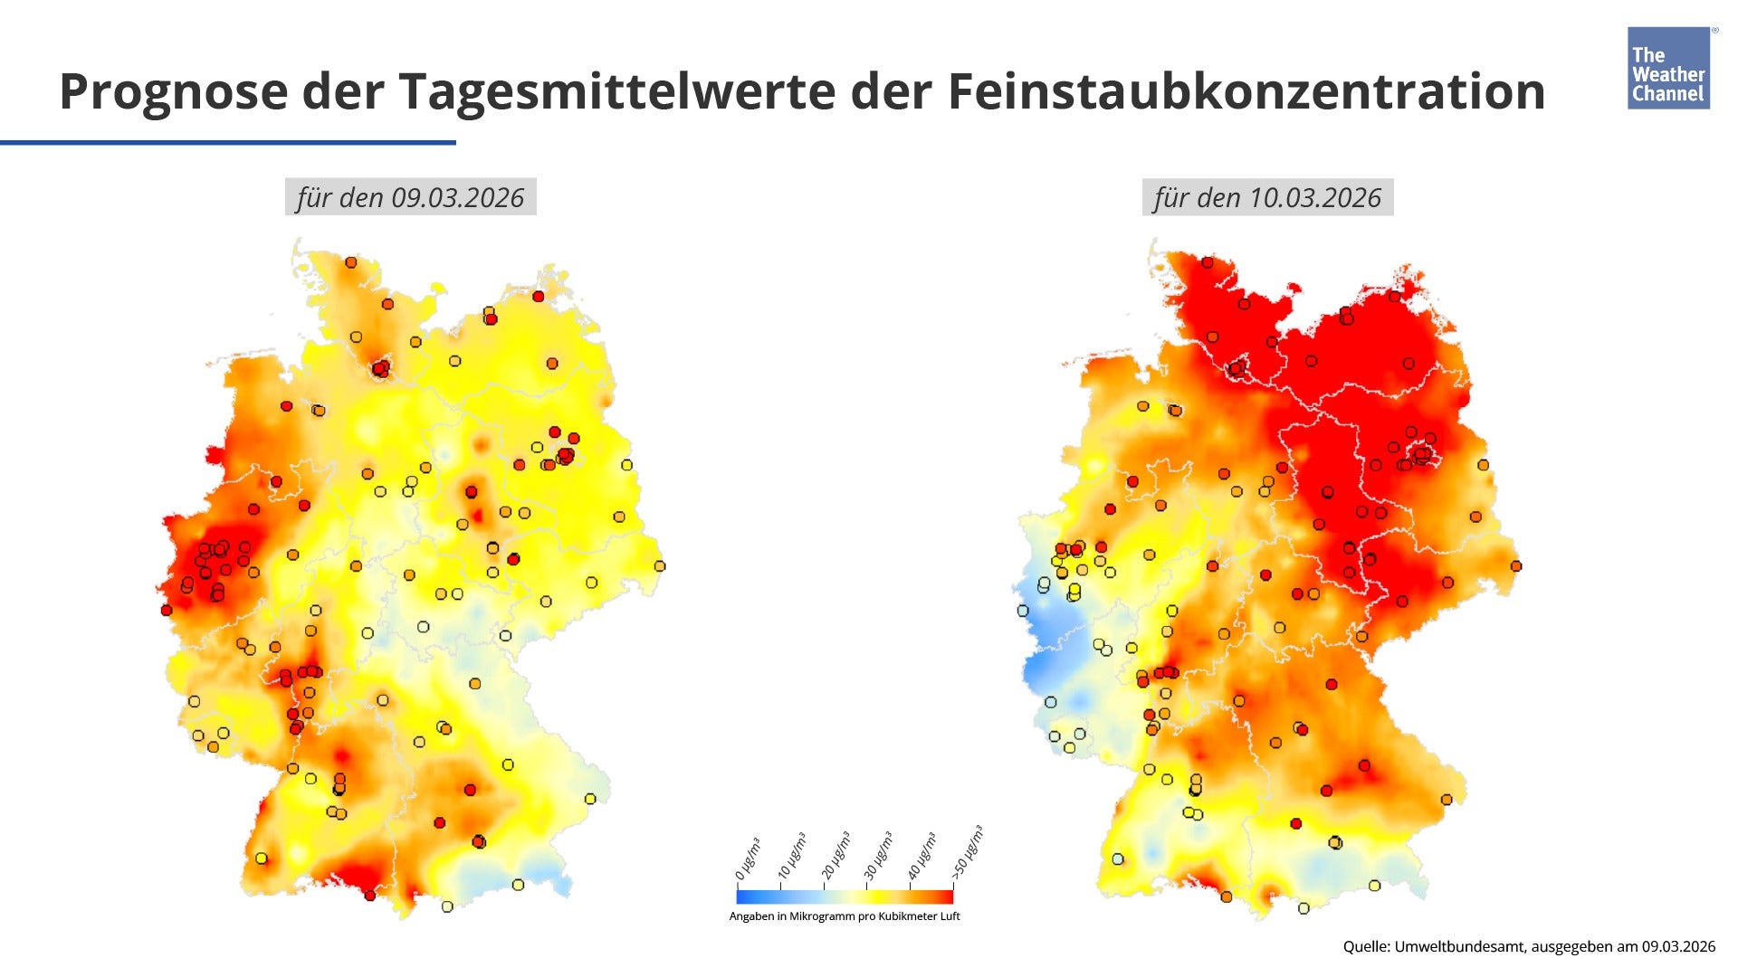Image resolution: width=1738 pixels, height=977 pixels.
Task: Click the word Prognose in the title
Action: point(172,91)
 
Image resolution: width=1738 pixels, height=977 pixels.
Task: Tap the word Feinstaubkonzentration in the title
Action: point(1246,91)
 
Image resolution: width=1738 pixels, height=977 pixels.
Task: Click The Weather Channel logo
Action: point(1668,69)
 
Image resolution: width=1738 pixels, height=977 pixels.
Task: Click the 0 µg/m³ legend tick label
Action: point(748,859)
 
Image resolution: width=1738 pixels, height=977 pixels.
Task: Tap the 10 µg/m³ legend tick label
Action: point(791,856)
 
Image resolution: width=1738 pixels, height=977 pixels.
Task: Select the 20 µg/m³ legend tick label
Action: point(835,856)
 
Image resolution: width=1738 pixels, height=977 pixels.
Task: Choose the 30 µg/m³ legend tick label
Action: point(878,856)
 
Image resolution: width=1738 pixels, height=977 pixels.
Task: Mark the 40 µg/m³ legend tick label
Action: point(922,856)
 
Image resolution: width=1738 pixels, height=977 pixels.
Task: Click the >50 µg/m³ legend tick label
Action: point(967,852)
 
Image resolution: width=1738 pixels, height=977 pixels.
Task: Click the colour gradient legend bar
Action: point(845,896)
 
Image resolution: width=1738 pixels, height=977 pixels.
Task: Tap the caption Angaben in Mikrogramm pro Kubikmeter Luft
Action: point(845,916)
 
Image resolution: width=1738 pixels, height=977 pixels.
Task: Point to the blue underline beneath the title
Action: point(228,142)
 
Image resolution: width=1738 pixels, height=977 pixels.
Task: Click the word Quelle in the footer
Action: point(1365,946)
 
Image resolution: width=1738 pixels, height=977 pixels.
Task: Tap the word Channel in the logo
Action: point(1667,94)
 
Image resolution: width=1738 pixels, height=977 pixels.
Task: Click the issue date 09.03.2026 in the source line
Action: point(1679,946)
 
